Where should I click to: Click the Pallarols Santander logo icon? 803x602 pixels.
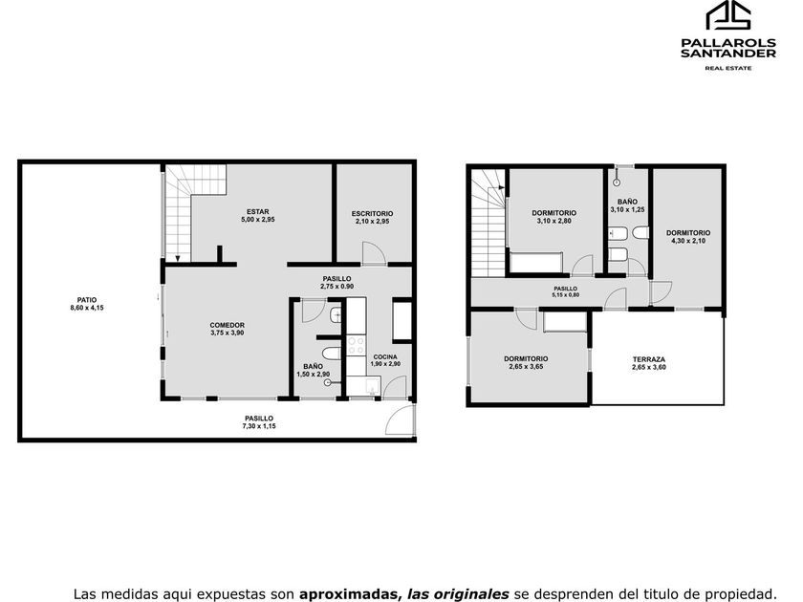tap(728, 14)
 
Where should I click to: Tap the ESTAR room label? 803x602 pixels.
tap(257, 211)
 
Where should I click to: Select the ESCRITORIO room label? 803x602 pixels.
tap(372, 213)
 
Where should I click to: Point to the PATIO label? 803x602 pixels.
tap(87, 300)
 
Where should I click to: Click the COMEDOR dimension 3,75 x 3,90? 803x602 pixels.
tap(228, 333)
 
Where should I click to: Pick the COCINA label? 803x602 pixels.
tap(385, 356)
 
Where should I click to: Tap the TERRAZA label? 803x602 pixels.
tap(649, 359)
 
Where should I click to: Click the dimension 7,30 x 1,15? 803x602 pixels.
tap(259, 426)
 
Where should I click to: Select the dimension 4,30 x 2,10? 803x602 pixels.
tap(688, 241)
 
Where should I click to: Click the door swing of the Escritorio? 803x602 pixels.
tap(373, 252)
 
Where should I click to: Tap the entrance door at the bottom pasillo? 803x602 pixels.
tap(400, 419)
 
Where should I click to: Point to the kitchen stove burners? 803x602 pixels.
tap(356, 345)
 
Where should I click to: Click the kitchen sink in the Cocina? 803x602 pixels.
tap(372, 386)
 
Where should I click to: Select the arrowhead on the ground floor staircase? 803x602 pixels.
tap(178, 259)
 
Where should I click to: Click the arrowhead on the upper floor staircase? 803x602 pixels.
tap(501, 188)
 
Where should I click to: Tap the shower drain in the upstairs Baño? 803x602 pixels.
tap(617, 182)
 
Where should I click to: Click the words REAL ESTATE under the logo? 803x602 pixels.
tap(728, 68)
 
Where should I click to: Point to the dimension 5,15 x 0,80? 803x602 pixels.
tap(565, 295)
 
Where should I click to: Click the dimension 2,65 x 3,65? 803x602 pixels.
tap(526, 367)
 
